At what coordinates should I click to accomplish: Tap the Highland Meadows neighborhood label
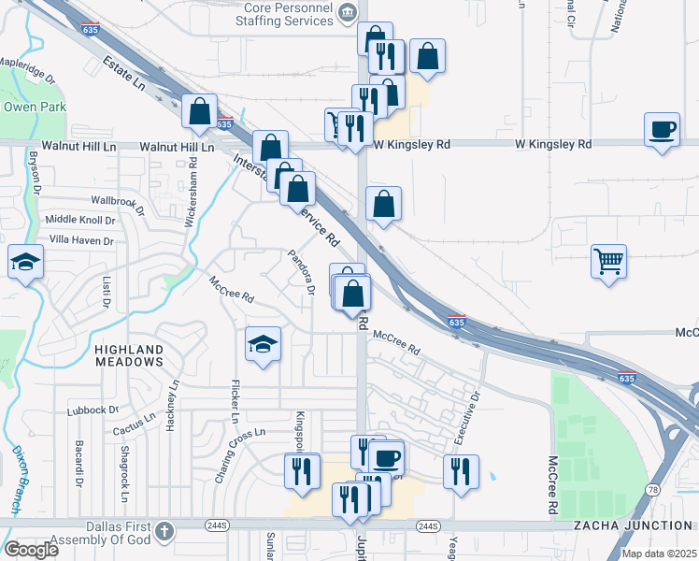pos(129,354)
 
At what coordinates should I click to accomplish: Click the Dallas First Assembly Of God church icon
pos(164,530)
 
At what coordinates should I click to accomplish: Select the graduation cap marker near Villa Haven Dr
pos(25,262)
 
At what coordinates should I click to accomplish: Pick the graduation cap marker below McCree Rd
pos(263,345)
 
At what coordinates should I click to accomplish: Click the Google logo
pos(31,550)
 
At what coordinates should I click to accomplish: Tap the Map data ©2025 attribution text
pos(658,554)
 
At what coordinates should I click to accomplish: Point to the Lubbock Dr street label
pos(93,410)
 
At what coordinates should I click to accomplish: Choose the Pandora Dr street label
pos(301,271)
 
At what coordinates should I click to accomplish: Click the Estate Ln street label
pos(127,75)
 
